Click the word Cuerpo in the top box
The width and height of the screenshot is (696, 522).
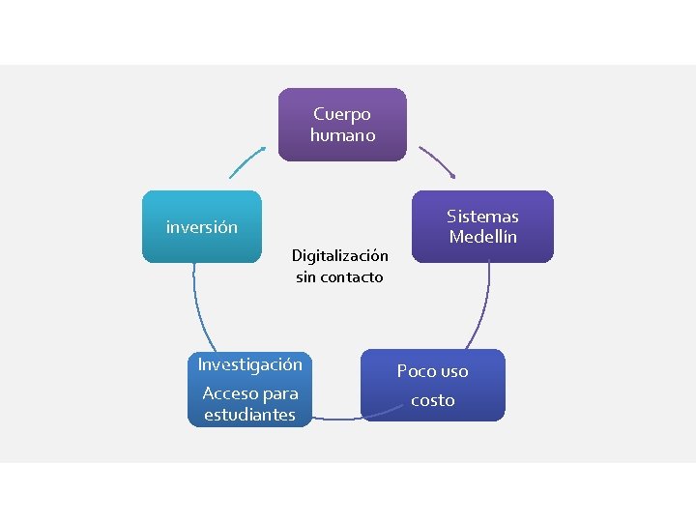(342, 114)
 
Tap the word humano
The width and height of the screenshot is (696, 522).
(342, 135)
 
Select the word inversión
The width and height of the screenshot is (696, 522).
(202, 228)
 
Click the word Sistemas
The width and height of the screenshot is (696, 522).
(482, 217)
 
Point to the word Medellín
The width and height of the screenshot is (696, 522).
(482, 237)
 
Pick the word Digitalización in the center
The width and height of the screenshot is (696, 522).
(340, 256)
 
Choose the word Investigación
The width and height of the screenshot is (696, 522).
(250, 364)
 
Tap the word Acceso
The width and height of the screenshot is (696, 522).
(230, 393)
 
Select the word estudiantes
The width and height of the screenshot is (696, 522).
(249, 415)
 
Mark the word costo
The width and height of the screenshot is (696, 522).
(432, 400)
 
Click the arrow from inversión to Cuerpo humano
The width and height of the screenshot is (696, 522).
(246, 161)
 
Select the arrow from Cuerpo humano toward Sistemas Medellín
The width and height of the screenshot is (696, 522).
(437, 162)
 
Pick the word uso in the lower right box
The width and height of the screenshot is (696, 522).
(453, 371)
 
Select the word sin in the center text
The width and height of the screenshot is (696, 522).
(306, 277)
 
